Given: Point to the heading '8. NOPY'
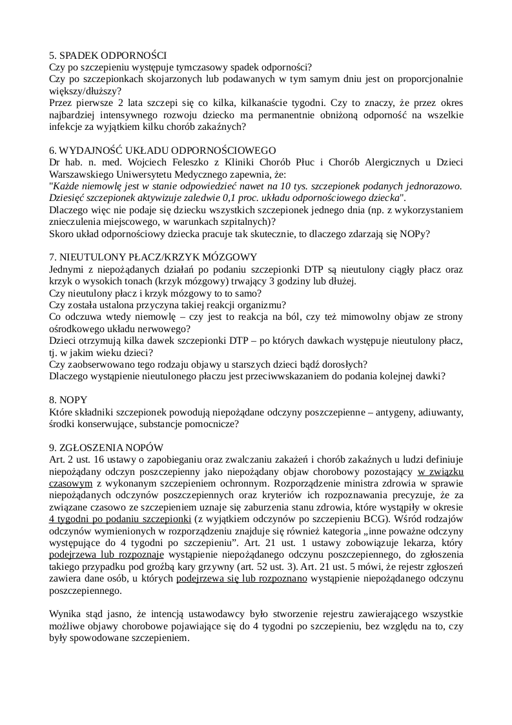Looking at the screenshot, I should pyautogui.click(x=68, y=401).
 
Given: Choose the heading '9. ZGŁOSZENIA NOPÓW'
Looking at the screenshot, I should pyautogui.click(x=107, y=448).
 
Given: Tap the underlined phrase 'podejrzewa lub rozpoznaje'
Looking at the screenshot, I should pyautogui.click(x=106, y=554).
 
